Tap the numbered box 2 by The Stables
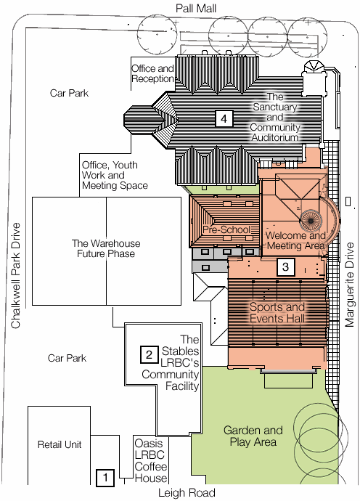148,354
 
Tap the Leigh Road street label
187,493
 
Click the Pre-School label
226,229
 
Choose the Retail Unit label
60,444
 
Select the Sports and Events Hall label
278,312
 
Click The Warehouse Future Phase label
105,249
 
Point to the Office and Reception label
152,73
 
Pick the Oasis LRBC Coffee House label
152,459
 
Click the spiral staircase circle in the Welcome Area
311,221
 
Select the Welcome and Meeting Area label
295,240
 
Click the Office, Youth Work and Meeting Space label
115,175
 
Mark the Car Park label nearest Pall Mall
68,93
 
